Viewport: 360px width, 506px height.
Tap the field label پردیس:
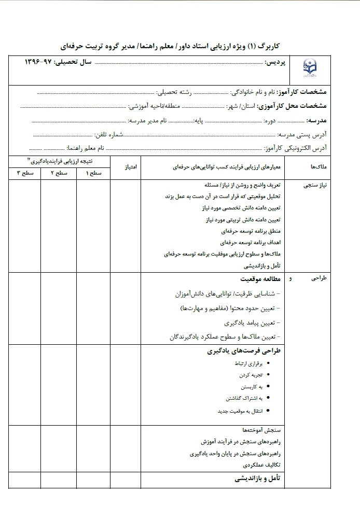click(x=275, y=62)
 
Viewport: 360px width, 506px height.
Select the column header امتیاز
click(x=130, y=168)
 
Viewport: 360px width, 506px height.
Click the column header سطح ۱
click(x=94, y=173)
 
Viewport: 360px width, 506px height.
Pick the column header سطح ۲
click(x=59, y=173)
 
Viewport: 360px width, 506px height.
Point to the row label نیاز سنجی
click(x=314, y=185)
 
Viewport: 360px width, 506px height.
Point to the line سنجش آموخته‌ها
click(x=261, y=430)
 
